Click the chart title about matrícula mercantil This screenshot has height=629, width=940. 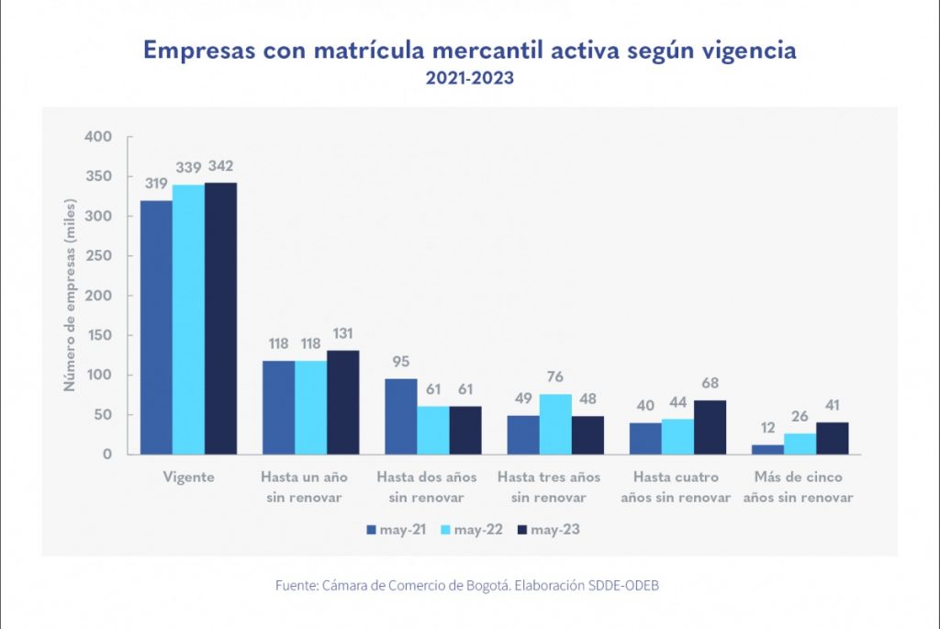pos(469,51)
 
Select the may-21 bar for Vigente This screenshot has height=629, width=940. pos(156,327)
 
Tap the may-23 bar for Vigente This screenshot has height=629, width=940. pos(220,318)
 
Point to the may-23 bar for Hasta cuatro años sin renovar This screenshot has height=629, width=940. pos(710,427)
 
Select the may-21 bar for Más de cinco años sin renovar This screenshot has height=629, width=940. pos(767,449)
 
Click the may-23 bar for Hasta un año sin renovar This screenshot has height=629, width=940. pos(343,402)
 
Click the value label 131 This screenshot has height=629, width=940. pos(343,332)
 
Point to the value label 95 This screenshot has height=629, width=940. pos(401,361)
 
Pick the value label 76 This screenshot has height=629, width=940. pos(554,376)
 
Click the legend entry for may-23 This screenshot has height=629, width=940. pos(549,530)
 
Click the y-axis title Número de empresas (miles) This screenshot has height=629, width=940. pos(69,294)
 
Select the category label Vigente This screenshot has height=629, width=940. pos(188,477)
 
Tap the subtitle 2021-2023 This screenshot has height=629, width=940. pos(469,79)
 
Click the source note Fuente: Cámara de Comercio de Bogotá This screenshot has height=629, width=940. pos(467,585)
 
